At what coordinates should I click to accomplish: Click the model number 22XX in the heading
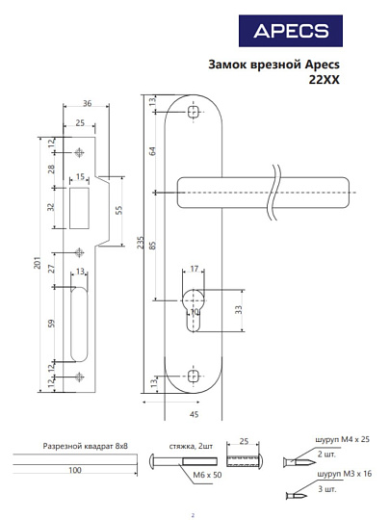coord(325,81)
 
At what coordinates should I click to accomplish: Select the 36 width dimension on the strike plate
coord(87,104)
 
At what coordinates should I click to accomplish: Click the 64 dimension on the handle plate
coord(152,151)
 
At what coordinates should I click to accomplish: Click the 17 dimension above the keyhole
coord(194,269)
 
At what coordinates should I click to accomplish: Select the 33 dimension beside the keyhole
coord(238,310)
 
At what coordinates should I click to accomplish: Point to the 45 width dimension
coord(194,415)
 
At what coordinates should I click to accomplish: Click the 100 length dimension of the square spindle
coord(74,472)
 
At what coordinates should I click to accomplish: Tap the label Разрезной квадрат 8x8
coord(86,447)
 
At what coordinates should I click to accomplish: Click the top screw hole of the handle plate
coord(194,113)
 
